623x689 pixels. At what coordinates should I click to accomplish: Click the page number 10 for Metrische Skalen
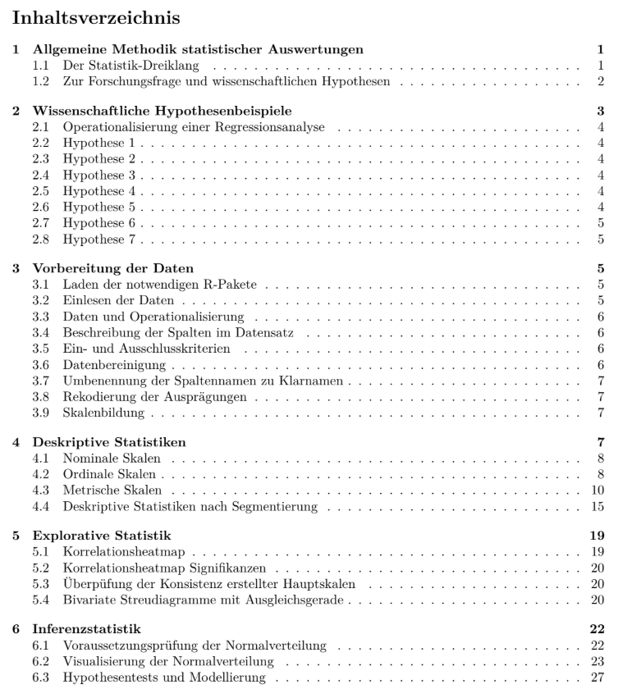(x=599, y=491)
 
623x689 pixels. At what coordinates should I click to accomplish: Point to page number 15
(x=599, y=507)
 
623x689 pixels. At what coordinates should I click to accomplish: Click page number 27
(x=599, y=678)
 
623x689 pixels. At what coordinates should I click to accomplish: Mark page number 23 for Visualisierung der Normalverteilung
(x=599, y=663)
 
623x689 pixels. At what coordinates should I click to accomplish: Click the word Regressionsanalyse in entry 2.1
(x=255, y=127)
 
